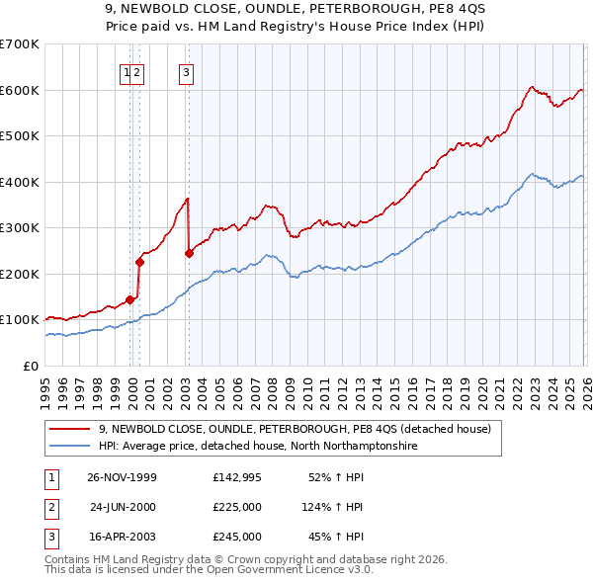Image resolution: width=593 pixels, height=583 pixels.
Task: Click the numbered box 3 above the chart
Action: tap(186, 70)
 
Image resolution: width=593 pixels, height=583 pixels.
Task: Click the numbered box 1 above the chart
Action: tap(127, 70)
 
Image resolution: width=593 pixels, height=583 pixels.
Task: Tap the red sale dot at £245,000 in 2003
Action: tap(189, 253)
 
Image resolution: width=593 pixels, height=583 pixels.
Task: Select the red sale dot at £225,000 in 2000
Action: tap(139, 262)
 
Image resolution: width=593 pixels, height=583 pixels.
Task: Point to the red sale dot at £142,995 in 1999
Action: tap(129, 299)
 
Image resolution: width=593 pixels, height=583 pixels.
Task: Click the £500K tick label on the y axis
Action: tap(19, 135)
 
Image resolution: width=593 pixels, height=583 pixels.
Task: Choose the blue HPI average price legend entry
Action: tap(258, 447)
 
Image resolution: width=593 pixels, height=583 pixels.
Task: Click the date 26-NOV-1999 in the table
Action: tap(122, 477)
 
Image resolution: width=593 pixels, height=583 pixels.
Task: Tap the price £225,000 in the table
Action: tap(236, 507)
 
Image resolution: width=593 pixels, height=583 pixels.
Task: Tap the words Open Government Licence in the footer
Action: tap(292, 570)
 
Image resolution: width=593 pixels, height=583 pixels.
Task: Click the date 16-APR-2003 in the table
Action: tap(123, 537)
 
